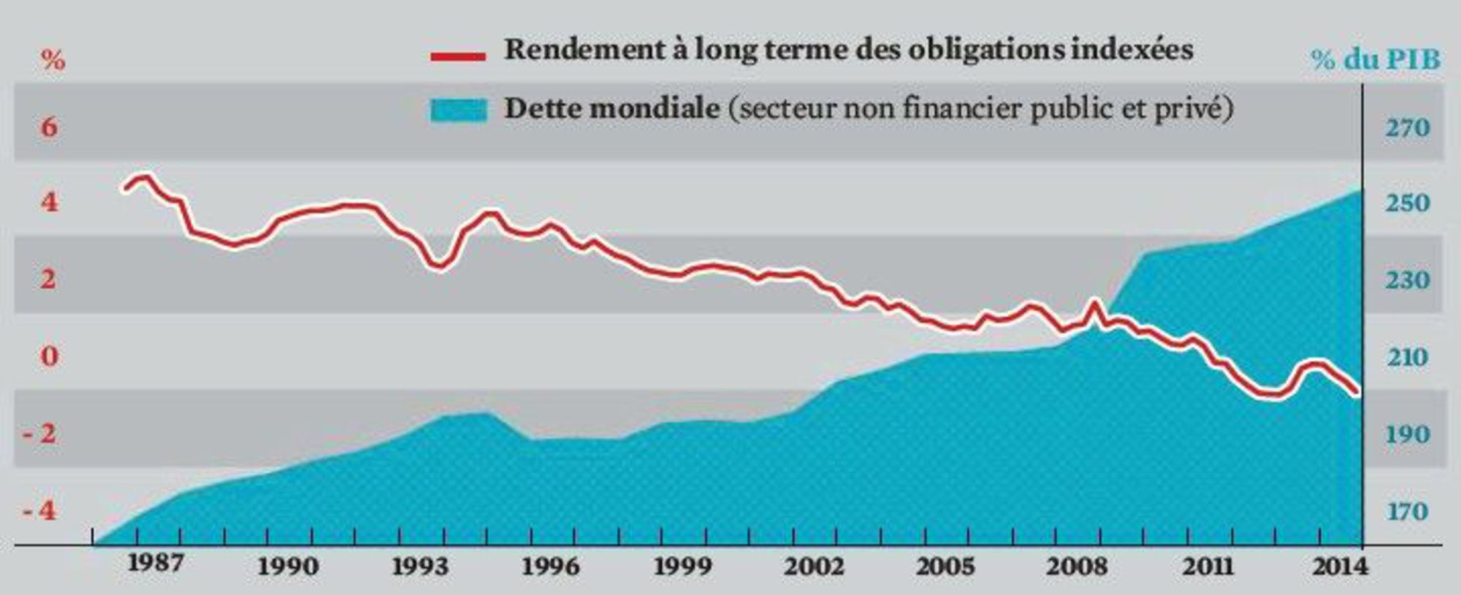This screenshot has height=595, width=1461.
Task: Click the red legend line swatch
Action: click(x=458, y=55)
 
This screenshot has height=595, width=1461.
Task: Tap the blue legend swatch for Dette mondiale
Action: click(x=459, y=110)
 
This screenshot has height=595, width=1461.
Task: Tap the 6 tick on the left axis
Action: click(x=49, y=128)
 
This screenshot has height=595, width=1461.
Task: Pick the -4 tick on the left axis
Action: click(x=39, y=510)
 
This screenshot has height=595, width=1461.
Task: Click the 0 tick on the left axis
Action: click(x=49, y=356)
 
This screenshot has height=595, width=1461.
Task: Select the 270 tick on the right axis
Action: click(x=1407, y=128)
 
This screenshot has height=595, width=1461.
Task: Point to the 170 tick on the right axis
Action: click(x=1407, y=510)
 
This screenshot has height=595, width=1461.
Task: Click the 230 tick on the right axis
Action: click(x=1407, y=280)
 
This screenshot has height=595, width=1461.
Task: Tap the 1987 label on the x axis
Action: click(x=155, y=563)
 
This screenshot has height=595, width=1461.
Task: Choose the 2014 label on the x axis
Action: click(x=1338, y=566)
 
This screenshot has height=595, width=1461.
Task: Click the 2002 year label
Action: click(x=814, y=566)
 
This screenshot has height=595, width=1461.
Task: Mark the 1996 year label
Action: click(x=551, y=566)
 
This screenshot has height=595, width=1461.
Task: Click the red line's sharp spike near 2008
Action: click(x=1095, y=302)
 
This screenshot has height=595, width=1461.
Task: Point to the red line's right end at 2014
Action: click(x=1357, y=393)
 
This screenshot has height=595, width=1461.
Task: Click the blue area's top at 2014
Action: click(x=1359, y=191)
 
